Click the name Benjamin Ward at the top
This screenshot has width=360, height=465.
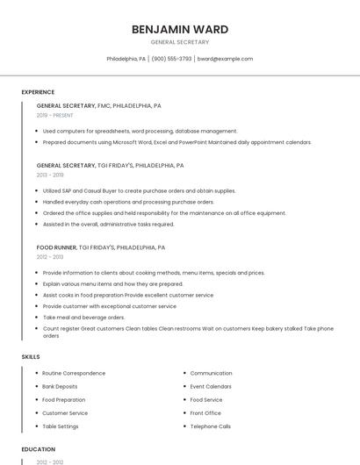tap(180, 29)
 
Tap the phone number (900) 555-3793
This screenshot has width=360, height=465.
tap(171, 59)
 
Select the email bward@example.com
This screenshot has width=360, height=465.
tap(226, 59)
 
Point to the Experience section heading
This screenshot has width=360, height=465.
tap(38, 92)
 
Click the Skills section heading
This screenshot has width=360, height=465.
tap(31, 356)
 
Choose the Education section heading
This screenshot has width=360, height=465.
tap(38, 449)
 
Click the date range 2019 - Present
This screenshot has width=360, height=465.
tap(55, 115)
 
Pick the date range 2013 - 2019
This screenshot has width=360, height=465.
tap(50, 175)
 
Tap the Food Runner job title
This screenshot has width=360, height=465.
tap(57, 248)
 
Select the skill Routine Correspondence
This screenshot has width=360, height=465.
tap(74, 373)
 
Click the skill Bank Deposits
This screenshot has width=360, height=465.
tap(60, 386)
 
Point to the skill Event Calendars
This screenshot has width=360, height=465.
tap(211, 386)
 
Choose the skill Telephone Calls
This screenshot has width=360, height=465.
tap(211, 426)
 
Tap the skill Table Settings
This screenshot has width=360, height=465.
tap(61, 426)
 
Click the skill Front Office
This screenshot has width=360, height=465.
tap(205, 413)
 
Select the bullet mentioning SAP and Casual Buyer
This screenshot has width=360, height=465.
tap(139, 190)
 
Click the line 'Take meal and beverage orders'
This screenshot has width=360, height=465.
tap(83, 318)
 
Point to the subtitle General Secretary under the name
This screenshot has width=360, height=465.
tap(180, 42)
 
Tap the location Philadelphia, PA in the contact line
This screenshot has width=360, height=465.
tap(126, 59)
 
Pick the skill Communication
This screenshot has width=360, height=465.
tap(211, 373)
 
